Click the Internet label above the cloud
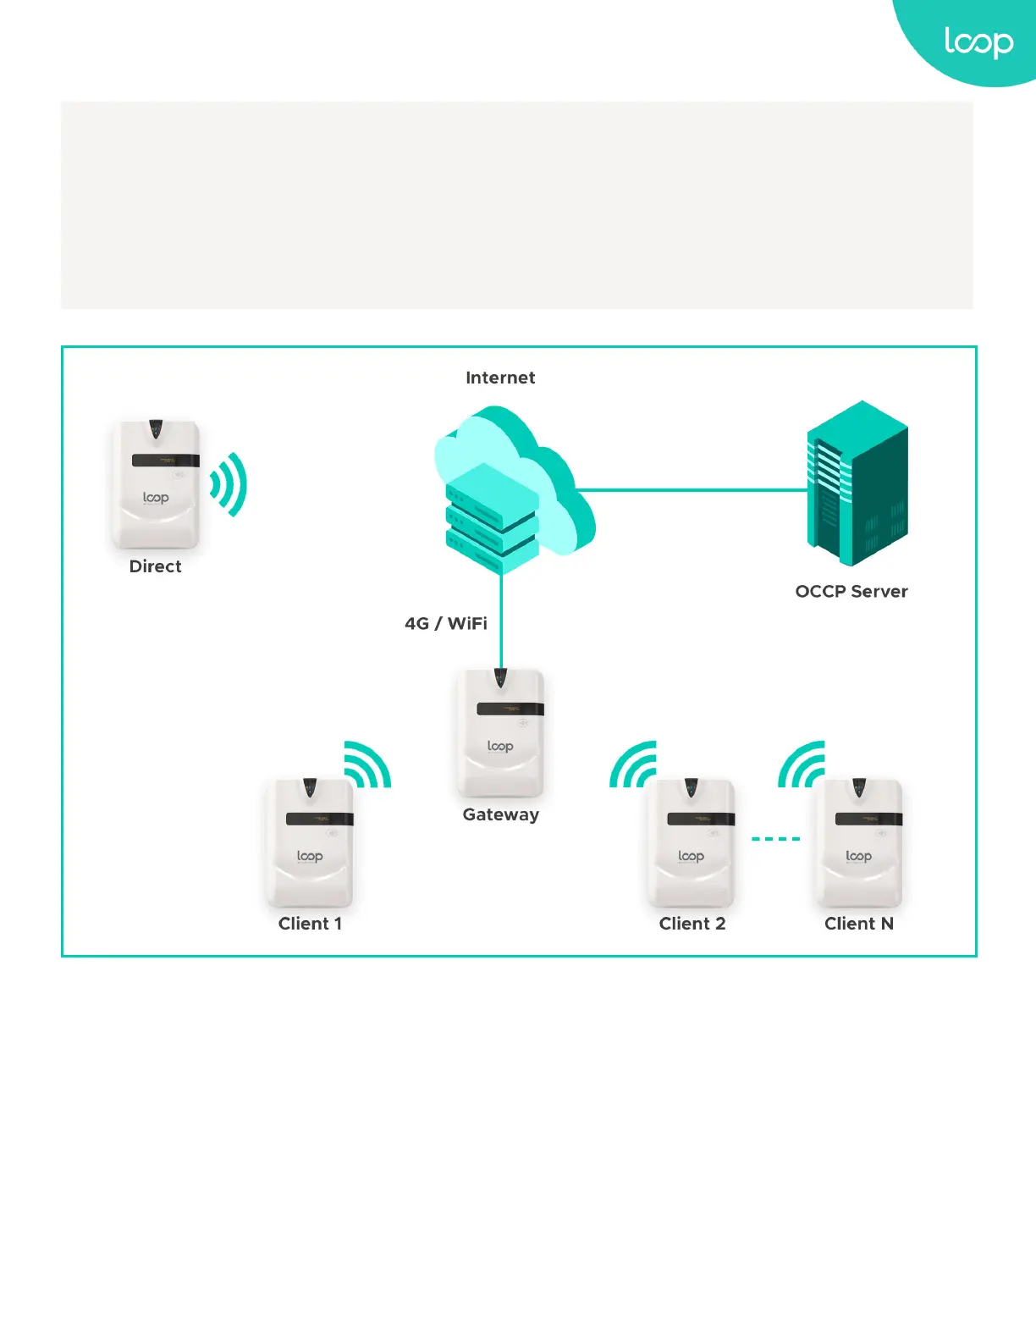pyautogui.click(x=500, y=378)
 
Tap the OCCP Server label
pyautogui.click(x=851, y=591)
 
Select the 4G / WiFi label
pyautogui.click(x=446, y=623)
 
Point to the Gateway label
pyautogui.click(x=500, y=814)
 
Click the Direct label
pyautogui.click(x=155, y=566)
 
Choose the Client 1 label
pyautogui.click(x=310, y=924)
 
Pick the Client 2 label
pyautogui.click(x=692, y=924)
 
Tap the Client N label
pyautogui.click(x=858, y=924)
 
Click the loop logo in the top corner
pyautogui.click(x=978, y=42)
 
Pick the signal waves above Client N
pyautogui.click(x=802, y=764)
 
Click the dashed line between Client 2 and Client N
pyautogui.click(x=775, y=839)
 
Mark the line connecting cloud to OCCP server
pyautogui.click(x=690, y=489)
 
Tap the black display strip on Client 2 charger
pyautogui.click(x=700, y=819)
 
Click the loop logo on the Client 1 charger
pyautogui.click(x=310, y=856)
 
